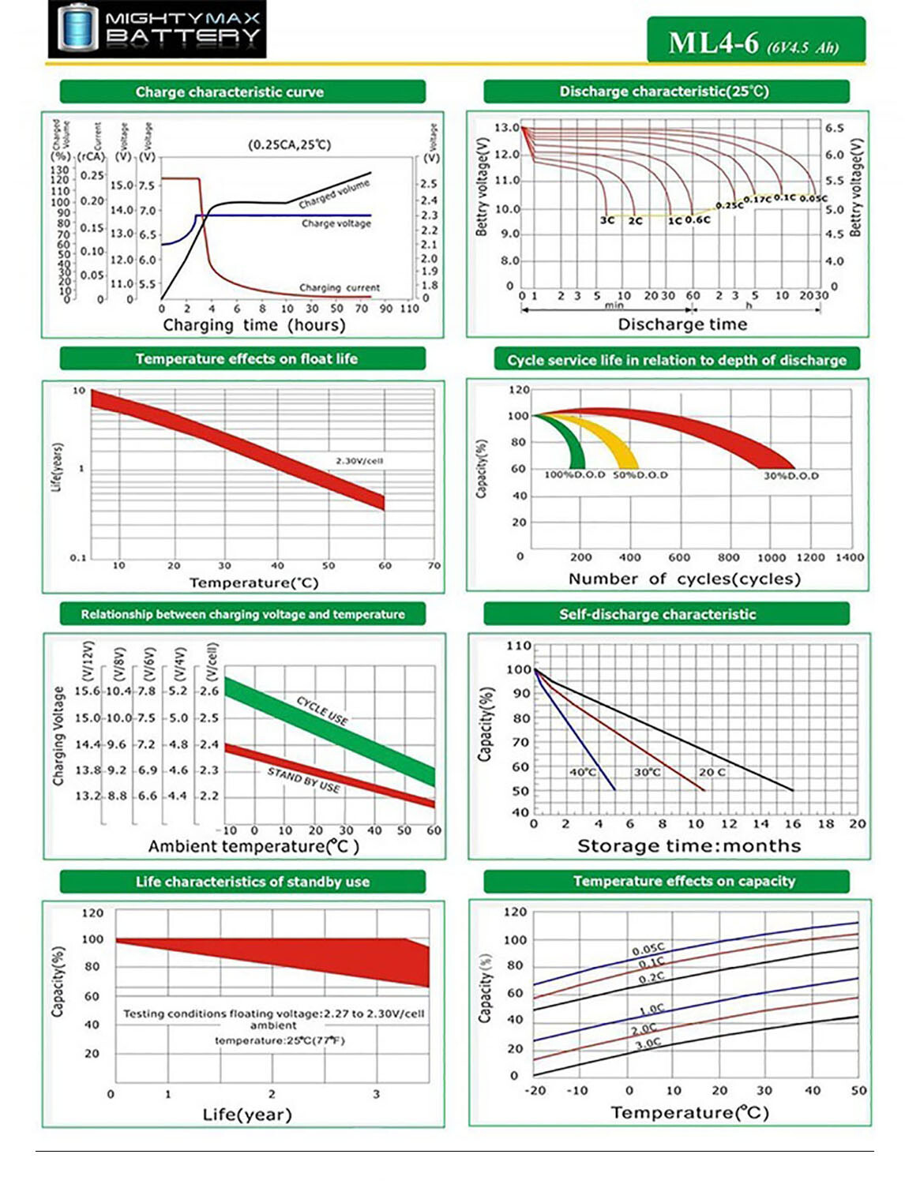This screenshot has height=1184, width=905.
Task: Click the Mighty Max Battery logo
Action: click(x=157, y=29)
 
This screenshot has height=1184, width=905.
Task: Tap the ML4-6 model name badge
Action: click(x=755, y=42)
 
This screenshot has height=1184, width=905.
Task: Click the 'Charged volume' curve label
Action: click(x=334, y=194)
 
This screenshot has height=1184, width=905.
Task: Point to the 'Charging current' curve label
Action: click(x=339, y=287)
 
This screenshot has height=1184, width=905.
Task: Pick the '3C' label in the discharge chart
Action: click(x=606, y=220)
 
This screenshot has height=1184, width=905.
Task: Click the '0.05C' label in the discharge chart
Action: click(x=813, y=199)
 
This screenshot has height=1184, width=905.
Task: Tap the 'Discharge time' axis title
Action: click(x=682, y=324)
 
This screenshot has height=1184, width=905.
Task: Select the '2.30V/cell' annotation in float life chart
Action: click(x=359, y=461)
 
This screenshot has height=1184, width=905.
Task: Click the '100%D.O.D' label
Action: click(x=574, y=475)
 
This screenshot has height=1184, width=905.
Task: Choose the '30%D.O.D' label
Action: click(x=790, y=476)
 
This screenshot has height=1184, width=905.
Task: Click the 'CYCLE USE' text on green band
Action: click(x=322, y=710)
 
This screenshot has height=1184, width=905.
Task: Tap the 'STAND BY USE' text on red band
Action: click(x=304, y=780)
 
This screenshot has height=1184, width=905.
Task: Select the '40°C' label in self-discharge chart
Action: click(x=583, y=771)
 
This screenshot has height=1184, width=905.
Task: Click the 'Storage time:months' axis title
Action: click(x=689, y=846)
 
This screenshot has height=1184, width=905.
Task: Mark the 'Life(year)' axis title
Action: click(x=247, y=1115)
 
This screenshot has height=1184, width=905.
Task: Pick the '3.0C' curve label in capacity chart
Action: click(x=648, y=1043)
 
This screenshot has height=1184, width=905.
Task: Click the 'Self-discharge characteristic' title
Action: click(x=657, y=614)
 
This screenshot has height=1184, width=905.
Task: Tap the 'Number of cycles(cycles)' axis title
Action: click(x=684, y=579)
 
